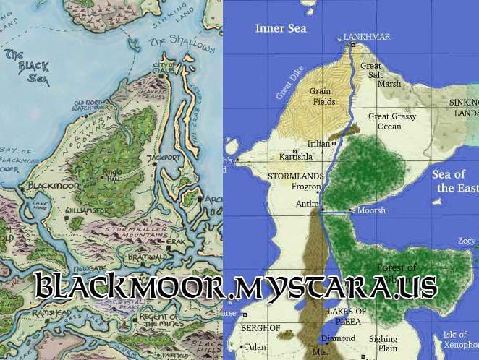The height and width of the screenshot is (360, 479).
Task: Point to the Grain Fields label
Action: (322, 97)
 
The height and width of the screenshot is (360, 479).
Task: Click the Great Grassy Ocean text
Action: (394, 121)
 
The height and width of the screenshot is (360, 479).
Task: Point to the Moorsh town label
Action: (372, 210)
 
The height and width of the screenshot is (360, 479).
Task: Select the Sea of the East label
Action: (454, 181)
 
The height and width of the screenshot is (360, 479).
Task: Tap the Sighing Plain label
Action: (383, 343)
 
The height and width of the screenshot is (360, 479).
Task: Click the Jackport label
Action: (169, 157)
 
